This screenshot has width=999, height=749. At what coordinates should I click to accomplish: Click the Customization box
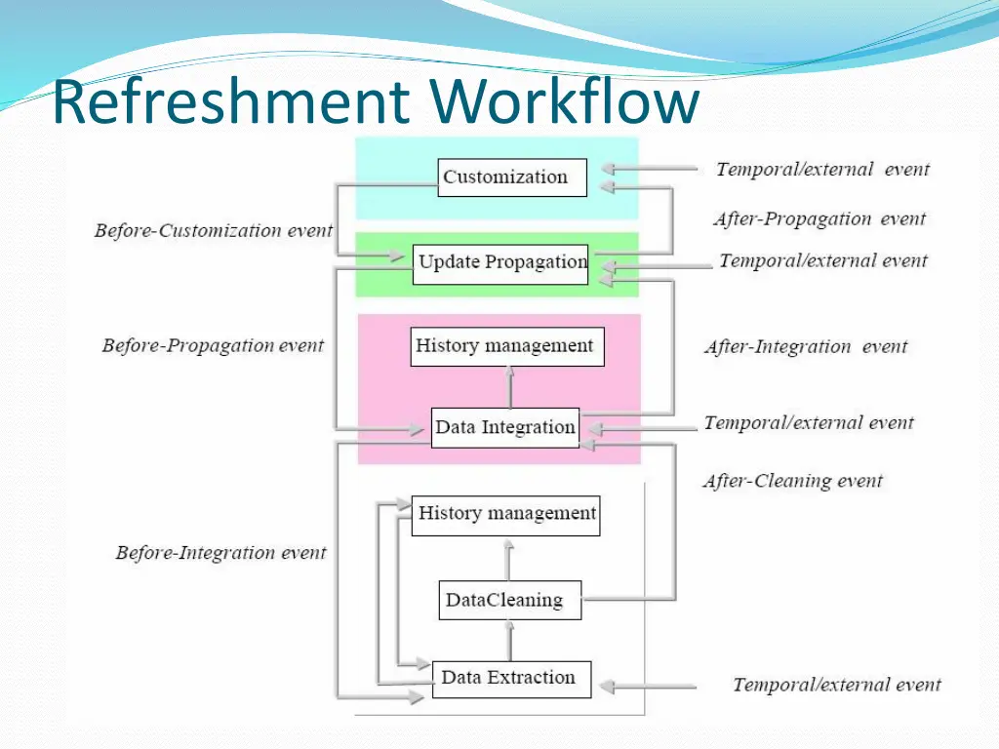point(512,177)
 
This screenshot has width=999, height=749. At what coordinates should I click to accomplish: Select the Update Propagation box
point(501,263)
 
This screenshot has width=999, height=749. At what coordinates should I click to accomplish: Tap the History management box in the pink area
point(504,346)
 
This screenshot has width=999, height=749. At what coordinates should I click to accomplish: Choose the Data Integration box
point(504,427)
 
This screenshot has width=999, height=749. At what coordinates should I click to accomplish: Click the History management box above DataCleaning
point(506,514)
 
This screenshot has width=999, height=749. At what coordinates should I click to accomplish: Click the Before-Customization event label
point(214,231)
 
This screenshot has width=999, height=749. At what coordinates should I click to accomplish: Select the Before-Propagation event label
point(213,345)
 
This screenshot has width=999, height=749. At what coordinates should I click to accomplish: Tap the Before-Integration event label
point(220,553)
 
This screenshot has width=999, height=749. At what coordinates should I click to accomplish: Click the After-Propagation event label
point(819,219)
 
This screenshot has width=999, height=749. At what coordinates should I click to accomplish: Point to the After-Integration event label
point(806,346)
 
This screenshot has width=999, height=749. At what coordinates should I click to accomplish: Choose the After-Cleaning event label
point(792,481)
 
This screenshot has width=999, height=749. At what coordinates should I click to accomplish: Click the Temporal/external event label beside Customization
point(822,170)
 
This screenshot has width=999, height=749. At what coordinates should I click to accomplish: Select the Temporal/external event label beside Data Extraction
point(837,685)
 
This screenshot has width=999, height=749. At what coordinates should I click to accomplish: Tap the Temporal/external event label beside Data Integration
point(809,423)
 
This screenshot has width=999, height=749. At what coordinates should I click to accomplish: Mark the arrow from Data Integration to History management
point(508,387)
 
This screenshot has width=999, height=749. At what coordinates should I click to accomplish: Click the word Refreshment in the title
point(231,102)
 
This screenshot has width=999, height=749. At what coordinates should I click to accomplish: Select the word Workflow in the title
point(564,102)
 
